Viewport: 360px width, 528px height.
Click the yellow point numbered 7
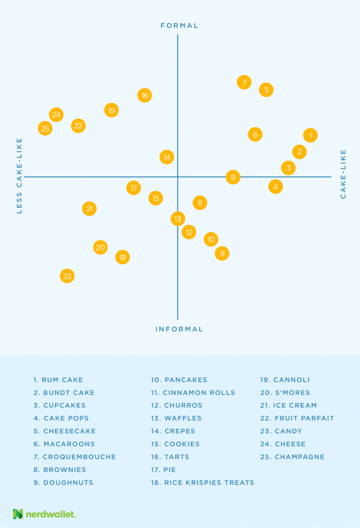point(244,83)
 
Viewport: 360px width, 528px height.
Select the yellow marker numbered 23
point(67,277)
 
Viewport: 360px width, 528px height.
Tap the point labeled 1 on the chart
point(310,136)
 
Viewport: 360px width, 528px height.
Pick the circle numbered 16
point(144,95)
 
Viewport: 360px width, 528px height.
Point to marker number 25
point(45,128)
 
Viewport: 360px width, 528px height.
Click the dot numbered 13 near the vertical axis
point(178,219)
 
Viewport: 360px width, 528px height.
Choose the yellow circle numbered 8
point(233,177)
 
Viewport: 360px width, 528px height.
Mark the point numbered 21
point(89,209)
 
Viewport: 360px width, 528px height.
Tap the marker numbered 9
point(222,254)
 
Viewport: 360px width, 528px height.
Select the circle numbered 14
point(167,157)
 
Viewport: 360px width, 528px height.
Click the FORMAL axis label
point(179,26)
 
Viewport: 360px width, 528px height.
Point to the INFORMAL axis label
point(179,329)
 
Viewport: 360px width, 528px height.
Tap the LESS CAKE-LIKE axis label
point(19,175)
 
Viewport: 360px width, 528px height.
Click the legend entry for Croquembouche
point(74,457)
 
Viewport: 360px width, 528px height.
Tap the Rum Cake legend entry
point(58,380)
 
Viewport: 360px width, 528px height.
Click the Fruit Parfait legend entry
point(296,418)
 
